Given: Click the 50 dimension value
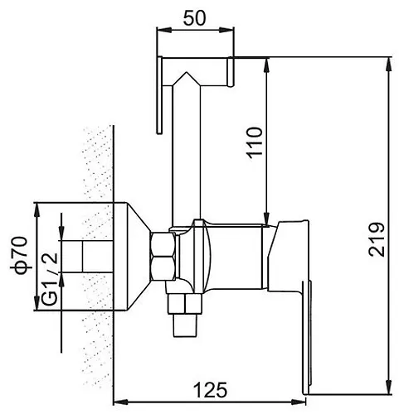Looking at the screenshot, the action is (195, 18).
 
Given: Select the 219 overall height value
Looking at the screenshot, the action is (377, 239).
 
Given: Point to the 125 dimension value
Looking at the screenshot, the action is (210, 390).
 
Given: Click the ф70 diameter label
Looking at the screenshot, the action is (21, 255).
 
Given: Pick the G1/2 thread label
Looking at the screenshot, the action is (50, 279).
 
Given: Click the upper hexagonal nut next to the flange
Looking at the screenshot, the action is (163, 244).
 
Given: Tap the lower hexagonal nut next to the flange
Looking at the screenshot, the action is (163, 268).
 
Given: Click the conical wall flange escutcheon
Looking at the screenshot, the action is (132, 257).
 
